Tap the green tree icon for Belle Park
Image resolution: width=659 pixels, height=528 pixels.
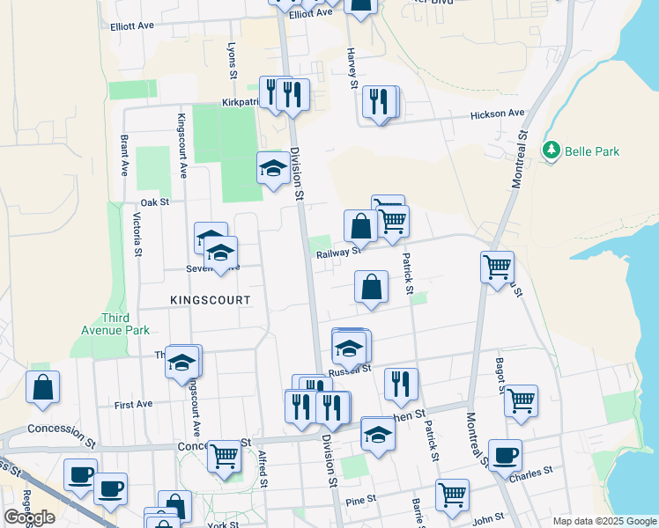552,150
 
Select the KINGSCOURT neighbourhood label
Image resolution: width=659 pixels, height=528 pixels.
211,300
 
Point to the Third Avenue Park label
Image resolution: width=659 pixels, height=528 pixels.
125,324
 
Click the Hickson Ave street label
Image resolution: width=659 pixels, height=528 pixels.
497,114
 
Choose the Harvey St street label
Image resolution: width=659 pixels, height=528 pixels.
352,67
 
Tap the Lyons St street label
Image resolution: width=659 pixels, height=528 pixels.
233,62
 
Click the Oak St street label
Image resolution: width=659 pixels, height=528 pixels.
153,202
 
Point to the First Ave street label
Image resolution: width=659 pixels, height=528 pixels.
134,404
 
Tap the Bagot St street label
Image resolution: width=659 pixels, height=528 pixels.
524,362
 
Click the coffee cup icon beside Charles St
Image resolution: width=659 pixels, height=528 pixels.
505,456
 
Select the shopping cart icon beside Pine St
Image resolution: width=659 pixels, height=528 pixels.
452,494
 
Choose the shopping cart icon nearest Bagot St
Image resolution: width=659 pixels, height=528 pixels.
521,400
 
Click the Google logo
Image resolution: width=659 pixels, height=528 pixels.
30,517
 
